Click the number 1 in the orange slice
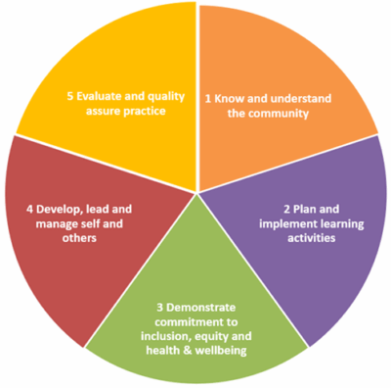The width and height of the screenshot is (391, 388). (x=208, y=99)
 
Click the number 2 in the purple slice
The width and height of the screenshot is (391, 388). (x=286, y=209)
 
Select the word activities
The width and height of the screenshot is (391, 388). (x=311, y=238)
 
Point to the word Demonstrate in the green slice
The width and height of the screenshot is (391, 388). (x=200, y=308)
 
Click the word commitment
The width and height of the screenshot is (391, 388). (x=185, y=322)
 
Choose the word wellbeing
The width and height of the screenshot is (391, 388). (x=221, y=351)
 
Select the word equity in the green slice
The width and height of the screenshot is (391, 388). (x=210, y=337)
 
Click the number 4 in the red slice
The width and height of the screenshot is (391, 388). (x=29, y=210)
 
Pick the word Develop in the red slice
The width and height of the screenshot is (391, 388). (x=59, y=210)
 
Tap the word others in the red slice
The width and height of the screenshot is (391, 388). (x=79, y=238)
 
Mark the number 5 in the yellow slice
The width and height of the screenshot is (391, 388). (x=70, y=97)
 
